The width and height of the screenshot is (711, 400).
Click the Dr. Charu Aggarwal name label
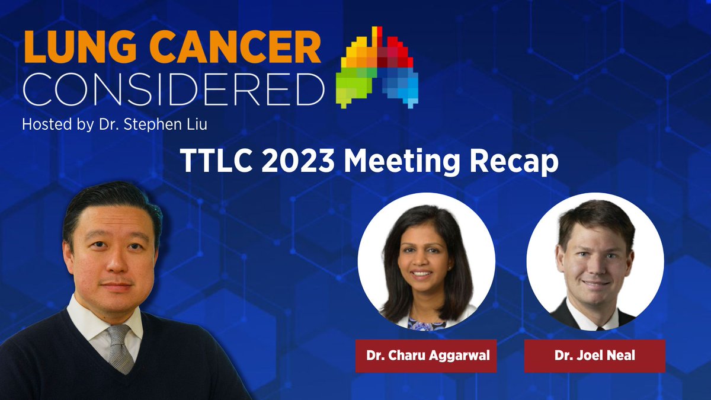[425, 356]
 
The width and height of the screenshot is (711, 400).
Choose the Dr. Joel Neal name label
[594, 356]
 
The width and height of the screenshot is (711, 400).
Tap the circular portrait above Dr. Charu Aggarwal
[426, 261]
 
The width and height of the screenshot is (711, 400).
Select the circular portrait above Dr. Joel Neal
[595, 261]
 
